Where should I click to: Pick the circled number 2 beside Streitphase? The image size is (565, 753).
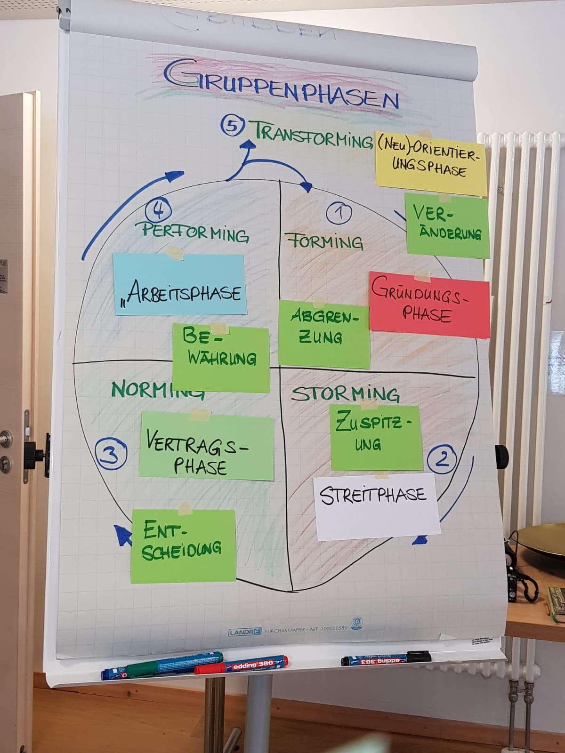(x=442, y=457)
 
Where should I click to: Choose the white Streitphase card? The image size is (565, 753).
(x=377, y=506)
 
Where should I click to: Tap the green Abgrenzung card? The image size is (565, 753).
(x=323, y=333)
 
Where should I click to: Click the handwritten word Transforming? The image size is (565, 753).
(x=314, y=135)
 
